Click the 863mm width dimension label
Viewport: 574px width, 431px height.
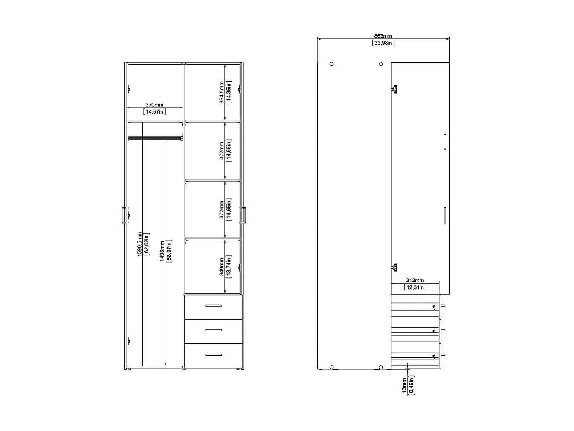pos(383,36)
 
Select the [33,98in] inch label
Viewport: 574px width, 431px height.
pos(383,43)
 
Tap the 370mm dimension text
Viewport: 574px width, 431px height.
pos(154,105)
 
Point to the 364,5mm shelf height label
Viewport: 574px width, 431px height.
pos(222,92)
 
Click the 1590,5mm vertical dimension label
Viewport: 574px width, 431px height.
pos(139,244)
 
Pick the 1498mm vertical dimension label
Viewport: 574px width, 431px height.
pos(162,251)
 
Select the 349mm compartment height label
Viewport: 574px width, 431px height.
pos(222,267)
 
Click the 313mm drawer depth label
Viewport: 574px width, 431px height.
pos(415,281)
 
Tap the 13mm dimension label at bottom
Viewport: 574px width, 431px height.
pos(404,385)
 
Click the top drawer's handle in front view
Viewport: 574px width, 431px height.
pos(213,305)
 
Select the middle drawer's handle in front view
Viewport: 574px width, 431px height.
pos(213,330)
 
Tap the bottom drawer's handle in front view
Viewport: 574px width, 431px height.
pos(213,355)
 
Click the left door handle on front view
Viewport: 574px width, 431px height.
pos(123,215)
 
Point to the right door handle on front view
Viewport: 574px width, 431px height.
pos(244,215)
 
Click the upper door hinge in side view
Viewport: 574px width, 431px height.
pos(394,89)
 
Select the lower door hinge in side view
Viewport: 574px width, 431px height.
pos(394,267)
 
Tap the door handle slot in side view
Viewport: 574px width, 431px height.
pos(444,215)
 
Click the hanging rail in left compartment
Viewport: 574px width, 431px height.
pos(155,138)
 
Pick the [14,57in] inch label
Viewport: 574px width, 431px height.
pos(154,111)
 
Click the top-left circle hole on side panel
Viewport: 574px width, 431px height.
pos(332,64)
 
